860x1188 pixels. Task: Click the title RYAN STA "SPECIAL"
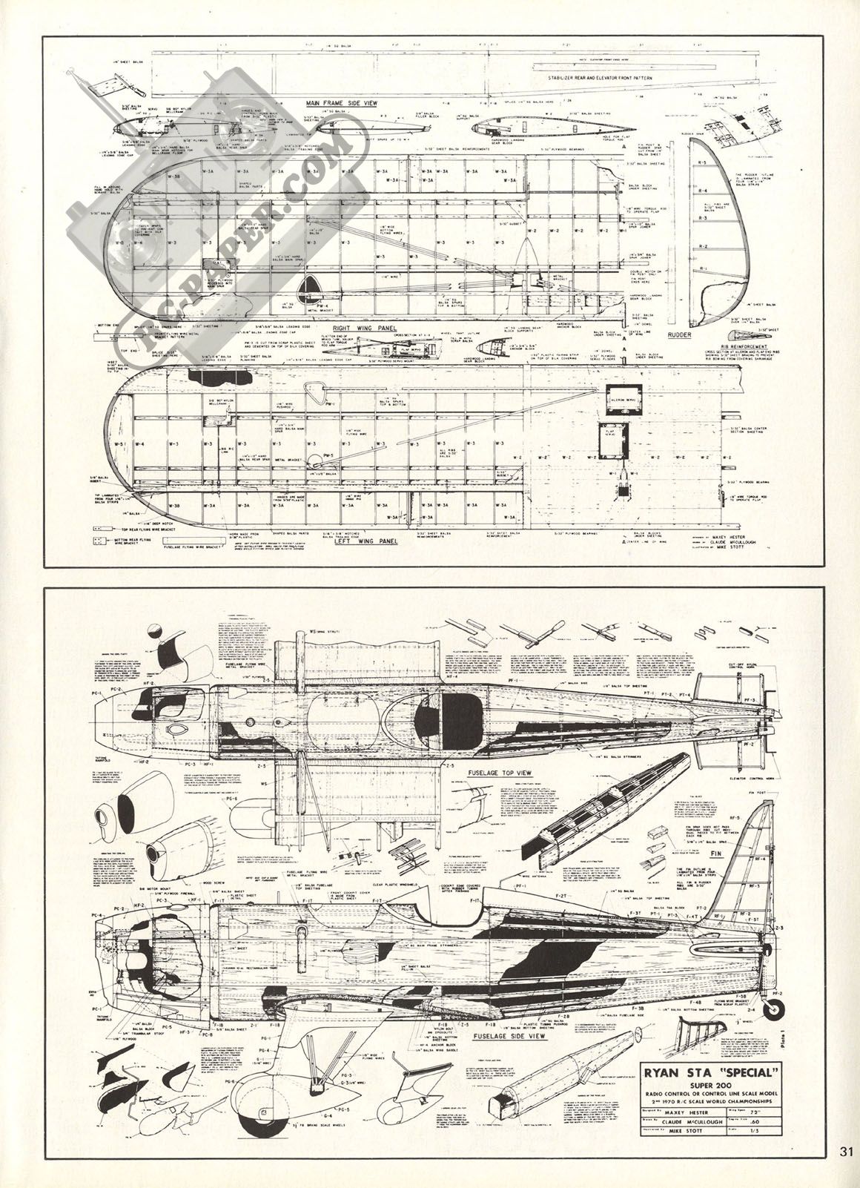point(710,1073)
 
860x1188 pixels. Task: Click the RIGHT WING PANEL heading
point(365,327)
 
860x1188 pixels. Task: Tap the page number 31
point(847,1172)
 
